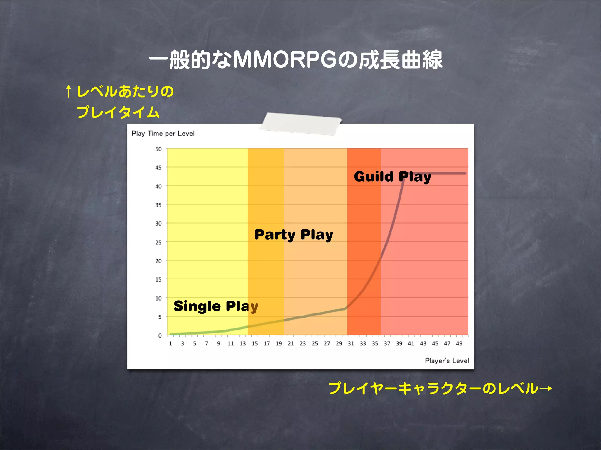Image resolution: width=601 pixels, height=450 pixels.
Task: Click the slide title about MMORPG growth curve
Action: [296, 60]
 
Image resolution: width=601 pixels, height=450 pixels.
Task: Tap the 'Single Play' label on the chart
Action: [216, 306]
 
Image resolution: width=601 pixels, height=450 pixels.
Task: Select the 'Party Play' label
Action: [294, 235]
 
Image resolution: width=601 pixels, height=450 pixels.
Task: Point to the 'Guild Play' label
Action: [392, 177]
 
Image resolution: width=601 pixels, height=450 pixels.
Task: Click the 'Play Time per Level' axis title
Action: [163, 134]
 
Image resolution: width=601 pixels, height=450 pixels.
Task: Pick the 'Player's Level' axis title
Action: [447, 361]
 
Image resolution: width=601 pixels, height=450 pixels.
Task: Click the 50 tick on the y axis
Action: [158, 149]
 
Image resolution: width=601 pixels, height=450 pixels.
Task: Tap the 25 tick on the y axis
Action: [158, 242]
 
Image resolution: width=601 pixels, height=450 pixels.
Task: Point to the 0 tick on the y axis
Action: [160, 335]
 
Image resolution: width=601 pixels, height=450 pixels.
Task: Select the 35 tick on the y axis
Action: [158, 205]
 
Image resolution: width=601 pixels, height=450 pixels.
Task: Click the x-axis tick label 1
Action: [170, 344]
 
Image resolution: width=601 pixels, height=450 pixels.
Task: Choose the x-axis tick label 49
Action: [459, 344]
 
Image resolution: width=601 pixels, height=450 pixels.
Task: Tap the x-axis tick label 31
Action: [351, 344]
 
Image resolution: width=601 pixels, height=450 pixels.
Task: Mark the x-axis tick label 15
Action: [255, 344]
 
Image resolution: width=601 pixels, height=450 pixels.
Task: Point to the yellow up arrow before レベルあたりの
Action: [69, 91]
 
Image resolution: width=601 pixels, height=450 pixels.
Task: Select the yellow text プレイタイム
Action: [118, 112]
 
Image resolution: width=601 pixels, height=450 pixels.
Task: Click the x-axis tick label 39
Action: [399, 344]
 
